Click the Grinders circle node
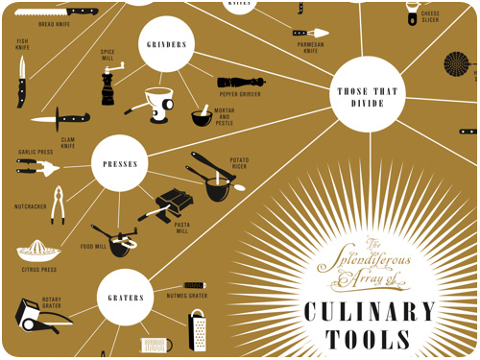tap(167, 45)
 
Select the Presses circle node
tap(120, 163)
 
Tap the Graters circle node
tap(126, 298)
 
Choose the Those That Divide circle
tap(368, 91)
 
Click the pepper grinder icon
tap(241, 83)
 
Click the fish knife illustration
tap(21, 81)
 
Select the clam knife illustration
tap(59, 121)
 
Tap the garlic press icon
tap(37, 167)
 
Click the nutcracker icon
tap(58, 205)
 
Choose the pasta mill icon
tap(175, 204)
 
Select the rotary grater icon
tap(37, 315)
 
